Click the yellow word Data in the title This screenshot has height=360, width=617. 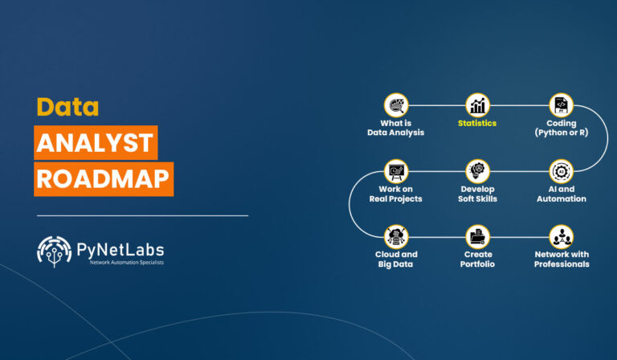click(x=67, y=107)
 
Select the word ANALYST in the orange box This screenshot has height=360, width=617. click(x=96, y=144)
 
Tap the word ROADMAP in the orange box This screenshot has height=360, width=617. click(x=104, y=178)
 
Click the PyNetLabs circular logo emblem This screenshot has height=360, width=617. click(x=55, y=252)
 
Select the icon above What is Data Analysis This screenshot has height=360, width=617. click(x=396, y=105)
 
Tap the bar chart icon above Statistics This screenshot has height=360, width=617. click(x=478, y=105)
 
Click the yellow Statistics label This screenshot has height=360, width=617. click(x=477, y=124)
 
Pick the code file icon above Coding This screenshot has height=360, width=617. click(x=561, y=105)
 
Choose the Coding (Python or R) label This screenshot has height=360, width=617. click(x=561, y=128)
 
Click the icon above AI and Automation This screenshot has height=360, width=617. click(x=561, y=171)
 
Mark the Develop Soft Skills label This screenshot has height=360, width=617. click(x=478, y=194)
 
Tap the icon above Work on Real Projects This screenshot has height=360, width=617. click(x=396, y=171)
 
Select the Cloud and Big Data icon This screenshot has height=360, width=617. click(x=396, y=236)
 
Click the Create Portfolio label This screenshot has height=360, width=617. click(x=478, y=259)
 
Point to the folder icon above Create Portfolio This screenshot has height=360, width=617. click(x=478, y=236)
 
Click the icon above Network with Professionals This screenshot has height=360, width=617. click(x=561, y=236)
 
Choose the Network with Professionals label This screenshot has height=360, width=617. click(x=561, y=259)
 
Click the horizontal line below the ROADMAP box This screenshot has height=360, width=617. click(x=141, y=215)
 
